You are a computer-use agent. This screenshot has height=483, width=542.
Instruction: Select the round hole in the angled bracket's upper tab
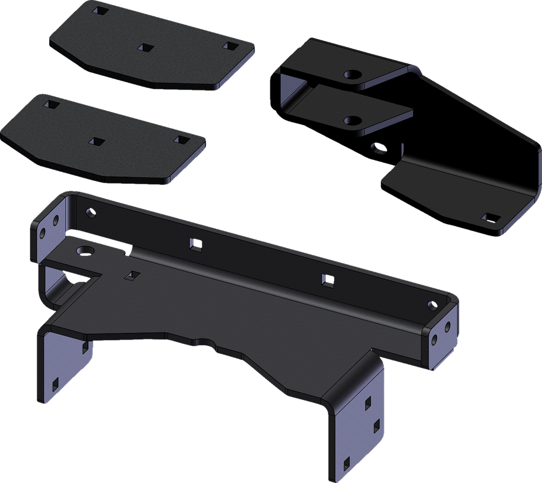[353, 75]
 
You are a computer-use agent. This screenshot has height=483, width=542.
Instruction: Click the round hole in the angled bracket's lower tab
[352, 120]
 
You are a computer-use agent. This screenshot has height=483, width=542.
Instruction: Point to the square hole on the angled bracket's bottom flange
[490, 217]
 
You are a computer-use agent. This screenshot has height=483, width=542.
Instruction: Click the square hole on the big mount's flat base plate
[133, 275]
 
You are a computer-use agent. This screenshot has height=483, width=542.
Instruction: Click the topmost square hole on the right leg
[368, 402]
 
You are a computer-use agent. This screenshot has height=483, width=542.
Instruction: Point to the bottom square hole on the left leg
[55, 384]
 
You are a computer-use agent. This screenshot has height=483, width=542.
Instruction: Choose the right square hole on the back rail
[326, 278]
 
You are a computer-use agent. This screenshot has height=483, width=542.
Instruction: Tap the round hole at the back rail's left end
[88, 213]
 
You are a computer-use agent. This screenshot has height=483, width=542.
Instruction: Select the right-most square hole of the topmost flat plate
[229, 45]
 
